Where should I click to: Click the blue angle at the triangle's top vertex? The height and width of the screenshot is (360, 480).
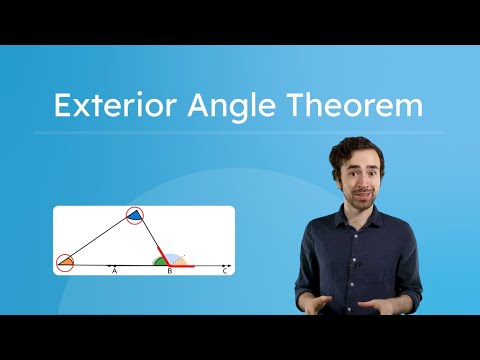[x=135, y=216]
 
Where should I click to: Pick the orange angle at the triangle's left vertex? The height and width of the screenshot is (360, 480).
[x=66, y=263]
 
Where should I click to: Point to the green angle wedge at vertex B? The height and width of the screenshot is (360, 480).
[x=160, y=262]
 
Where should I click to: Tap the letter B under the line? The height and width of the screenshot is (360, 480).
[x=170, y=272]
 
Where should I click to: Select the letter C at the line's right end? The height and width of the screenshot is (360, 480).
[x=225, y=272]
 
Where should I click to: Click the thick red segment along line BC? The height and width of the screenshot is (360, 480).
[x=182, y=266]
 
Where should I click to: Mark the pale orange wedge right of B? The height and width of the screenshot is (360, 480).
[x=181, y=262]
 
